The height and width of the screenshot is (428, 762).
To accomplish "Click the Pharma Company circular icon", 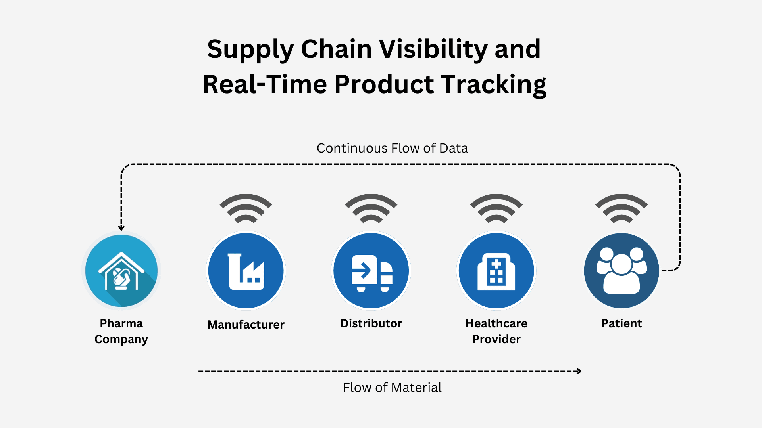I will [121, 271].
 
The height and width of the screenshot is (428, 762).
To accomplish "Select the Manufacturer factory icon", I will [246, 271].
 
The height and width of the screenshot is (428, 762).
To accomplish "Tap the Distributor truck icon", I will [371, 271].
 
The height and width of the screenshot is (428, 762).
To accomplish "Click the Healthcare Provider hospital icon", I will [496, 271].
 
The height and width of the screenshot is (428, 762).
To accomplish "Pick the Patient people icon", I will [622, 271].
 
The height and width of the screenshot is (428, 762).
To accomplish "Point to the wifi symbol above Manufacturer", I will [246, 208].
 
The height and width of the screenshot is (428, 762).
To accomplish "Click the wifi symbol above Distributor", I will [371, 208].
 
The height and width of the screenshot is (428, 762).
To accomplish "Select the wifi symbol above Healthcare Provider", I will [496, 208].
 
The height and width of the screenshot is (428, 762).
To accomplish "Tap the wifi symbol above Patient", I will [622, 208].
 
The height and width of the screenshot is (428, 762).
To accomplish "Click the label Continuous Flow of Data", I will [392, 148].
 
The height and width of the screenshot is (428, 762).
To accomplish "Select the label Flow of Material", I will [392, 387].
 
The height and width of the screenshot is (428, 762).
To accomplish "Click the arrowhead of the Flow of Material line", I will [579, 371].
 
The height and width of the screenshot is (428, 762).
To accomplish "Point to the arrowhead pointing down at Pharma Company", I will [121, 228].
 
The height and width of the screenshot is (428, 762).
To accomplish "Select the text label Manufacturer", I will [246, 325].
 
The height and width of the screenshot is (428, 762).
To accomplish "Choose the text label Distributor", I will [371, 323].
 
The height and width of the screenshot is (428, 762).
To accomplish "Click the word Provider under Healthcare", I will [496, 339].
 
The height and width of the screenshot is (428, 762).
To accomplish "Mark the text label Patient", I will [622, 323].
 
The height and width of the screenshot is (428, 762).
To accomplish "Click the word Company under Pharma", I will [121, 339].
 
